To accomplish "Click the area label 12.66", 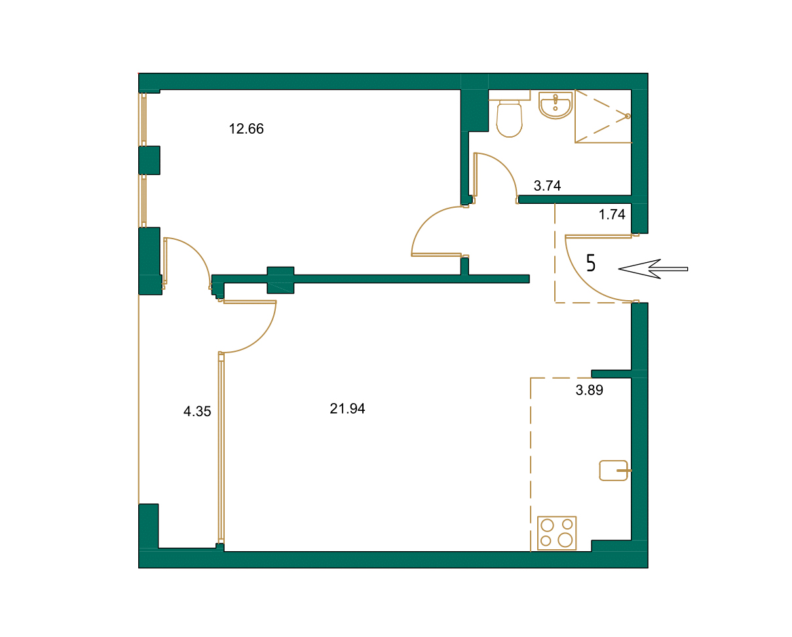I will pos(246,129).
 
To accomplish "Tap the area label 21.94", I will pos(347,409).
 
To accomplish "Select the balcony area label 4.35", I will pos(197,412).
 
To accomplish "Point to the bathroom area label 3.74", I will pos(547,186).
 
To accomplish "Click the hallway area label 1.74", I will pos(612,214).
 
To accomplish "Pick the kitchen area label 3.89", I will pos(589,391).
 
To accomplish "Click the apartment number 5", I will pos(591,263).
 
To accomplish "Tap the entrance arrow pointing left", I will pos(652,269).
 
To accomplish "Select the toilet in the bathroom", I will pos(510,119).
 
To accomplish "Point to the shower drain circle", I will pos(628,116).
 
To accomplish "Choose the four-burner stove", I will pos(557,533).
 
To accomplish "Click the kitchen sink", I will pos(614,471).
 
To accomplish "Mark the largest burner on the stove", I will pos(565,539).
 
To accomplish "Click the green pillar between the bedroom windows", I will pos(149,160).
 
